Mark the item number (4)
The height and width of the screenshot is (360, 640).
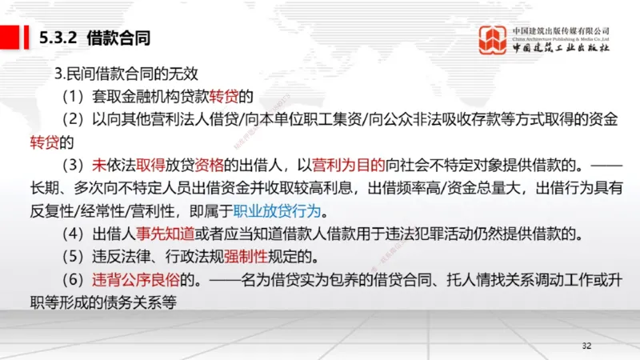[76, 235]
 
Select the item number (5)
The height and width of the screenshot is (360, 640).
[76, 258]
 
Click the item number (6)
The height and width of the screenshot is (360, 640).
[76, 281]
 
